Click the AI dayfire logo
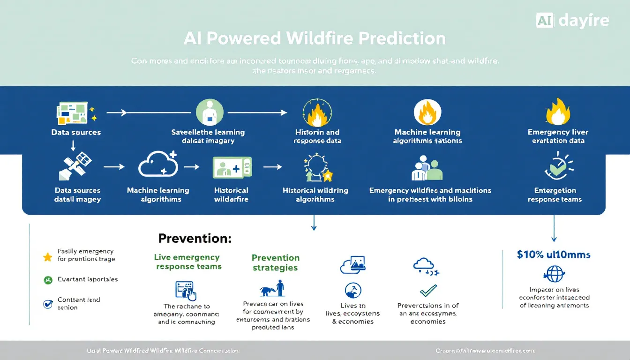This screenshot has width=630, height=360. coord(572,20)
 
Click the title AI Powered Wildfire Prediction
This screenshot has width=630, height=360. coord(315,38)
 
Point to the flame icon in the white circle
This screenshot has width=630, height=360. coord(427,112)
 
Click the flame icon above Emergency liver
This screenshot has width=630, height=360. coord(557,112)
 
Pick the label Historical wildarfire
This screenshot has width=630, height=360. coord(231,195)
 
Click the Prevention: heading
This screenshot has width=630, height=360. coord(195,238)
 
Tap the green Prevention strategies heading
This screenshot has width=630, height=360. coord(275,262)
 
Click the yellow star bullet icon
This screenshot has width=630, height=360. coord(47,257)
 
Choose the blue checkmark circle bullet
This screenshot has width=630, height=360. coord(47,304)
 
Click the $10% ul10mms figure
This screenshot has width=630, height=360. coord(554,255)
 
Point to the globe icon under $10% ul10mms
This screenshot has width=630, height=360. coord(554,274)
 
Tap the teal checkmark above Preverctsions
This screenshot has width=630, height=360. coord(428,290)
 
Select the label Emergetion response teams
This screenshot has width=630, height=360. coord(555,195)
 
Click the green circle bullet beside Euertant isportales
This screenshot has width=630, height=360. coord(47,280)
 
